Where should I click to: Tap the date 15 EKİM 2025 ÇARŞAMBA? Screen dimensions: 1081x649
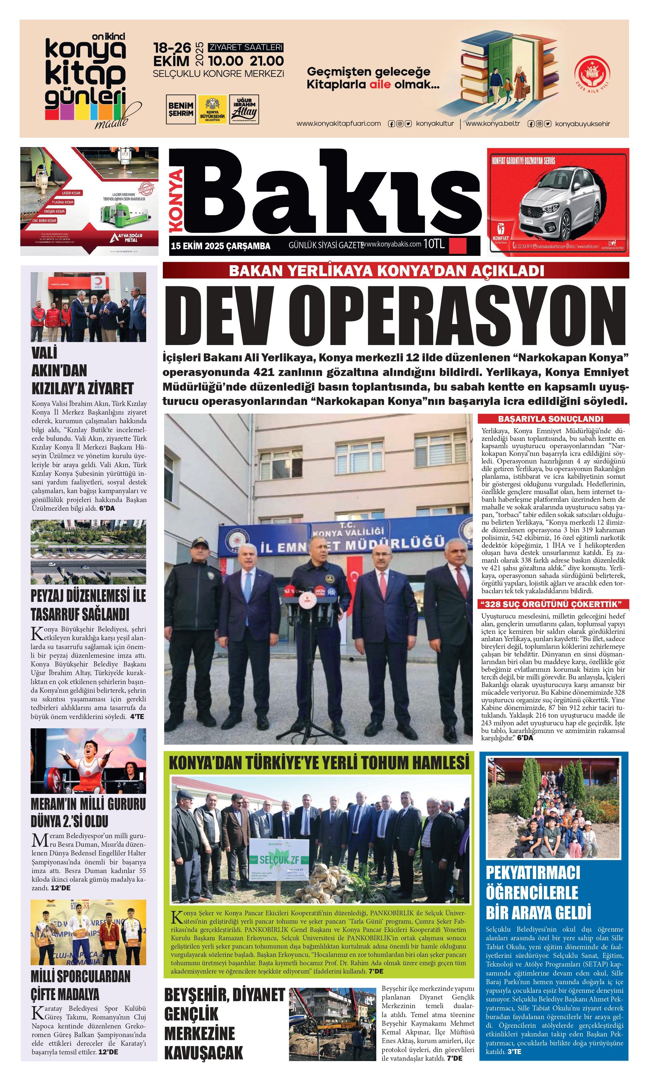click(x=220, y=246)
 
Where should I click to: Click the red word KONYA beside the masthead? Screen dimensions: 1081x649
click(x=176, y=201)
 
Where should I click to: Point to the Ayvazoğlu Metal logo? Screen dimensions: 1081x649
click(x=127, y=237)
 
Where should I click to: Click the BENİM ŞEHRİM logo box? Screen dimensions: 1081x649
click(x=180, y=109)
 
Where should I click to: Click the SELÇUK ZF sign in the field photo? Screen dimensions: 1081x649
click(x=279, y=860)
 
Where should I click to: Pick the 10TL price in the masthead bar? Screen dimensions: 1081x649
click(x=434, y=244)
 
